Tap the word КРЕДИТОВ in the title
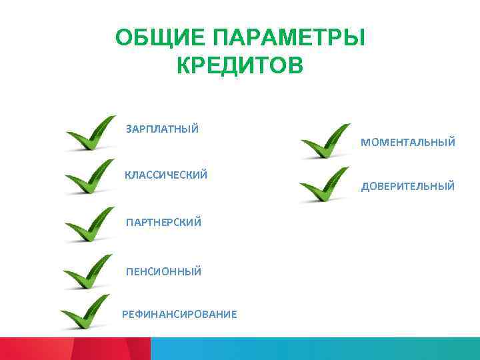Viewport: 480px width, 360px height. (x=240, y=66)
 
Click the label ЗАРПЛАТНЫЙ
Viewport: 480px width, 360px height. (x=162, y=129)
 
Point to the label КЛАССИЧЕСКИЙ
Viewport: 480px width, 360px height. (x=166, y=175)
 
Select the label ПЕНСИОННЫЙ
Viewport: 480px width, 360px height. (x=163, y=271)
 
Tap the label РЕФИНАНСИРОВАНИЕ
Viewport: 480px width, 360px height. (x=179, y=314)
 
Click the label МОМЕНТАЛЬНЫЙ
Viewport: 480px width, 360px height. (x=408, y=142)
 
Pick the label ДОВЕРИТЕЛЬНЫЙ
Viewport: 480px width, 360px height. (x=408, y=187)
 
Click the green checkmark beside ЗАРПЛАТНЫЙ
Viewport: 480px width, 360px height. (x=90, y=134)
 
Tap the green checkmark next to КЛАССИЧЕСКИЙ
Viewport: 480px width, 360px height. (x=90, y=177)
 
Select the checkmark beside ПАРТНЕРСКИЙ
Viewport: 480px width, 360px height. (x=90, y=225)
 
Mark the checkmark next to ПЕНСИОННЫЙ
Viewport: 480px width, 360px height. (x=89, y=272)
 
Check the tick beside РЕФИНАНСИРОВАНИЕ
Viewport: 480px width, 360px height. (x=85, y=312)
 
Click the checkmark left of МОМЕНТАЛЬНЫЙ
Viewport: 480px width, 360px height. (x=325, y=141)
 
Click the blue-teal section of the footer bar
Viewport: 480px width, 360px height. (x=313, y=349)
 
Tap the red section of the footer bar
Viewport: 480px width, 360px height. (x=73, y=349)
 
